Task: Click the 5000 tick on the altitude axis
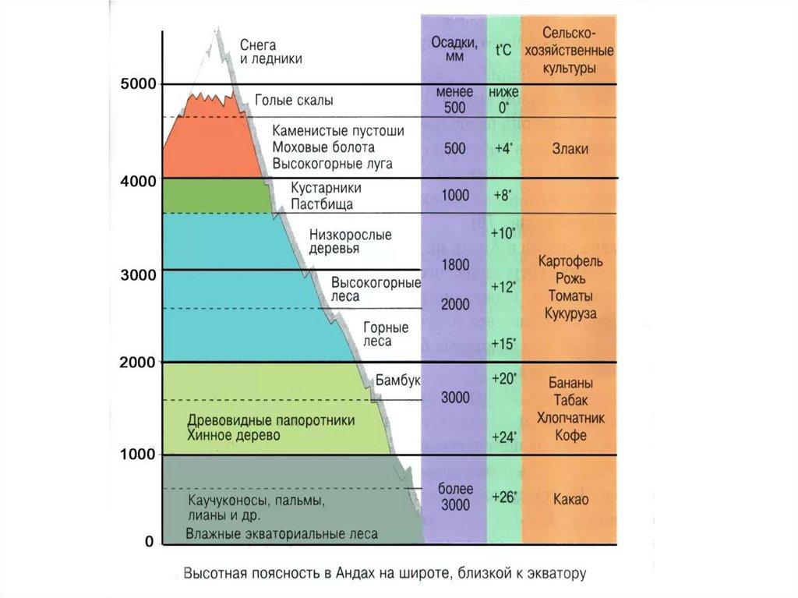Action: (138, 83)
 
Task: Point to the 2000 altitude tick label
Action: (138, 362)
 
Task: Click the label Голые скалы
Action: (294, 101)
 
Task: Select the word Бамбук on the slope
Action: (397, 380)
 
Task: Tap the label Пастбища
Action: (322, 204)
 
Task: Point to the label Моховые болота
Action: (323, 147)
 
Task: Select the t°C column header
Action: (503, 51)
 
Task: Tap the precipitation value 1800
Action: (455, 265)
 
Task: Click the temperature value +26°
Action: (504, 497)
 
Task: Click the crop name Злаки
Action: (570, 148)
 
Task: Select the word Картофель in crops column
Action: (570, 260)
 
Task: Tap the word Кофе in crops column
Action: (570, 435)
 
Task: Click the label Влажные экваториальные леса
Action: (281, 534)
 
